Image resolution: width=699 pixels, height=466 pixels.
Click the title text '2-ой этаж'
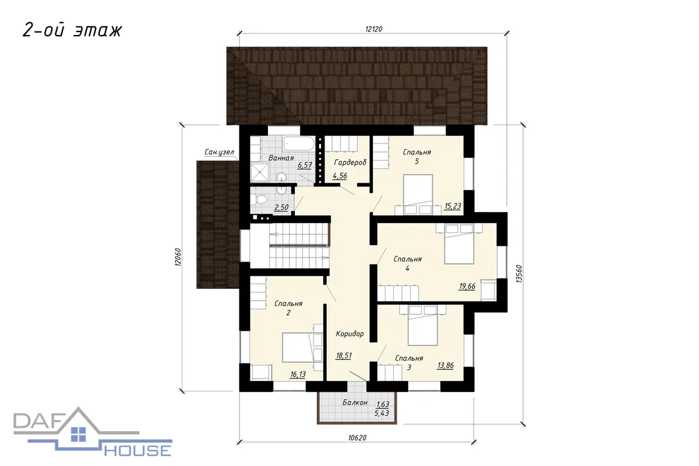pos(72,31)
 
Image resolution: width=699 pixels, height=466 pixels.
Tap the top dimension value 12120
pos(373,29)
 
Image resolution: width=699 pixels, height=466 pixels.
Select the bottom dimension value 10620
pos(357,438)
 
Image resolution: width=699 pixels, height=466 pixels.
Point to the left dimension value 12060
pos(178,257)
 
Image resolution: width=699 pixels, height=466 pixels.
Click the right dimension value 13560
pos(519,274)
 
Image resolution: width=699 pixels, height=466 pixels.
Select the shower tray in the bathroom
pos(260,172)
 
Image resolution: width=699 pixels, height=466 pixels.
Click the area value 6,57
pos(305,165)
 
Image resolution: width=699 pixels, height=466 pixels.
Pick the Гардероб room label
pos(350,163)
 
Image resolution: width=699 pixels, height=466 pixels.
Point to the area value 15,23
pos(453,206)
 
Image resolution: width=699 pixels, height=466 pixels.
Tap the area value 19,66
pos(467,286)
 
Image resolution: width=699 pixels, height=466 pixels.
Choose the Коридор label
pos(350,334)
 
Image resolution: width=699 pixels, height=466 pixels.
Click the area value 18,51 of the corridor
pos(344,355)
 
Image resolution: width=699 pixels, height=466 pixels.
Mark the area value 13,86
pos(445,365)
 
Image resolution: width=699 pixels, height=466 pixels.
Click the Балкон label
pos(355,403)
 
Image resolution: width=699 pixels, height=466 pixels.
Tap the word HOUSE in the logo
pos(137,450)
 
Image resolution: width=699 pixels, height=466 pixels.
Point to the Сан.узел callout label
pos(219,152)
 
